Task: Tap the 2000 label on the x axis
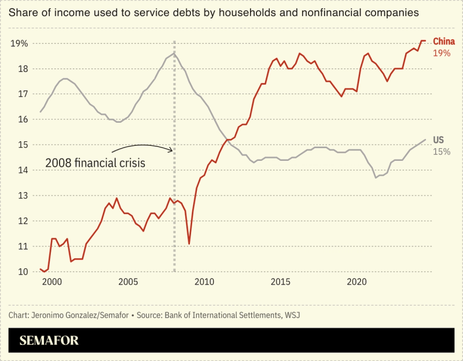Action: tap(52, 282)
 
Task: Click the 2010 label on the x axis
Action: tap(204, 282)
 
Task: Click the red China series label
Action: tap(444, 41)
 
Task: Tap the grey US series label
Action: tap(439, 141)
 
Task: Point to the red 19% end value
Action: tap(442, 53)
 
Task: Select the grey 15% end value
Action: tap(442, 152)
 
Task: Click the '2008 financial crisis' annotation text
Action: tap(95, 163)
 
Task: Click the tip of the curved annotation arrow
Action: tap(172, 150)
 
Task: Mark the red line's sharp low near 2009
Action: tap(189, 244)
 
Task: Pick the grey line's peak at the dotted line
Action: tap(174, 54)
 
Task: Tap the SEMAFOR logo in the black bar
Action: tap(49, 340)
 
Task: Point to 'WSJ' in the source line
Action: tap(291, 315)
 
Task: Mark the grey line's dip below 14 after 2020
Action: tap(376, 177)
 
